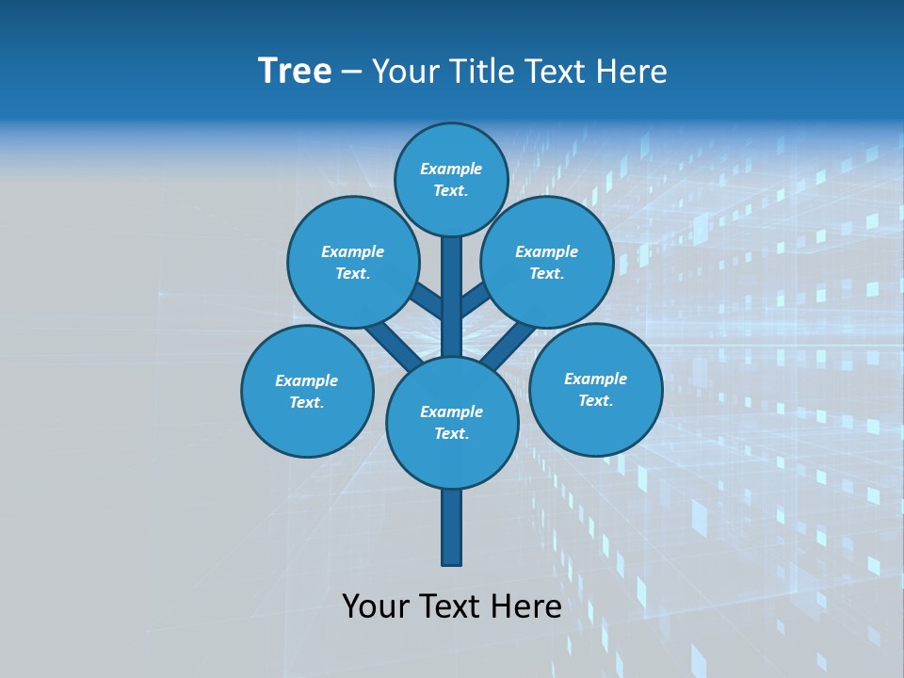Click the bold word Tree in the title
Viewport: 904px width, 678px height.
click(x=295, y=71)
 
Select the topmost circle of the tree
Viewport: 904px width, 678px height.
click(x=451, y=179)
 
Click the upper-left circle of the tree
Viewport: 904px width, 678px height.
click(x=352, y=262)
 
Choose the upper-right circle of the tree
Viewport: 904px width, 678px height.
click(x=547, y=262)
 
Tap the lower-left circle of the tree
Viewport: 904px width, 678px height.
click(x=307, y=391)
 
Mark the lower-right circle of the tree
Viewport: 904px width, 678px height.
click(x=595, y=389)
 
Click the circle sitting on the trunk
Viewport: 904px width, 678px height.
click(x=452, y=422)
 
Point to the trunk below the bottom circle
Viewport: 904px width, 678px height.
click(x=452, y=527)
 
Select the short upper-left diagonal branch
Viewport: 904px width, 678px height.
click(x=428, y=302)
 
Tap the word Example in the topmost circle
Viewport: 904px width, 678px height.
click(x=451, y=169)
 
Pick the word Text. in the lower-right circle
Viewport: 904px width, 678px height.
click(x=595, y=400)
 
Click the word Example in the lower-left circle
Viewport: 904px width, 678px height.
click(x=306, y=380)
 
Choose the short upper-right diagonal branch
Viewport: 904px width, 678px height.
click(x=476, y=301)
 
